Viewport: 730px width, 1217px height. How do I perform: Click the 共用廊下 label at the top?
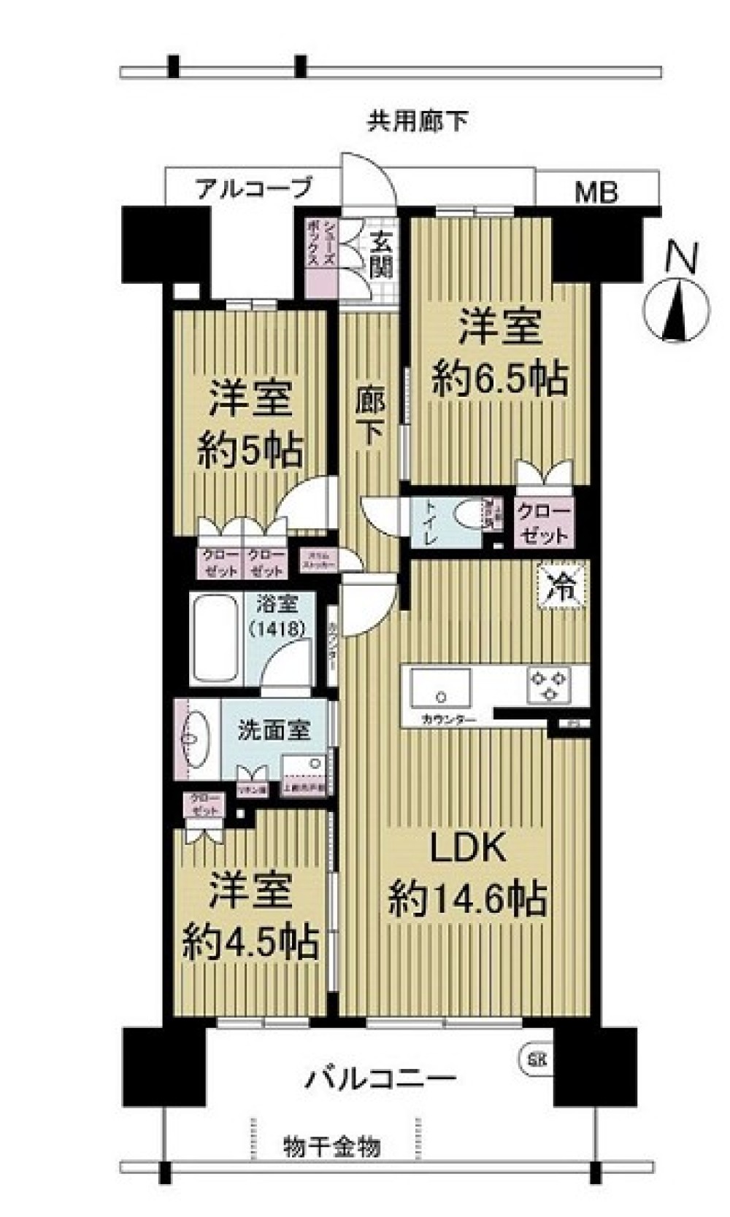pos(417,121)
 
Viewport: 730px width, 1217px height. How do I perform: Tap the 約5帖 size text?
pos(250,452)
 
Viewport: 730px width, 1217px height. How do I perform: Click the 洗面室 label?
pos(274,731)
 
